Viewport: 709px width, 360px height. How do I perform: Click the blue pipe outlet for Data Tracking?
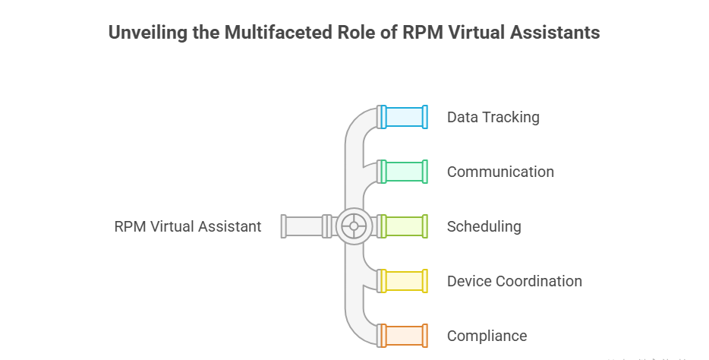click(x=404, y=117)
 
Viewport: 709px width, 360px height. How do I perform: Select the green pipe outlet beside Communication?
click(x=404, y=172)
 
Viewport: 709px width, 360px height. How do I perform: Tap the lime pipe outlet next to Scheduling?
click(x=404, y=226)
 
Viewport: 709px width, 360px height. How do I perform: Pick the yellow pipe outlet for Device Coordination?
click(x=404, y=281)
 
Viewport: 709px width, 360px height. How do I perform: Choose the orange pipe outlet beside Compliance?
click(x=404, y=336)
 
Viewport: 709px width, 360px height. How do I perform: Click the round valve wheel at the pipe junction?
click(x=354, y=226)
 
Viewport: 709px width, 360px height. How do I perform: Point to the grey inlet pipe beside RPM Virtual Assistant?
click(x=304, y=226)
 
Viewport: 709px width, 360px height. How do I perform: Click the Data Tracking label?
click(x=493, y=117)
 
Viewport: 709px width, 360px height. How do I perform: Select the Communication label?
click(x=500, y=172)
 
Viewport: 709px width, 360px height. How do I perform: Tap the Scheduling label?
click(x=484, y=226)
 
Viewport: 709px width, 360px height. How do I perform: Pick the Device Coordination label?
click(x=514, y=281)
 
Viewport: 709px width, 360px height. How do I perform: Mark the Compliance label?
click(x=487, y=336)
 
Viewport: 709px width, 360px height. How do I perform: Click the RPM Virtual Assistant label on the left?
click(x=187, y=226)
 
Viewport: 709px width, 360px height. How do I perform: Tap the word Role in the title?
click(x=348, y=33)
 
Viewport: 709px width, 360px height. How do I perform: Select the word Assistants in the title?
click(x=556, y=33)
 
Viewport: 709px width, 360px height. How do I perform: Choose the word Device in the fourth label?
click(x=468, y=281)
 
